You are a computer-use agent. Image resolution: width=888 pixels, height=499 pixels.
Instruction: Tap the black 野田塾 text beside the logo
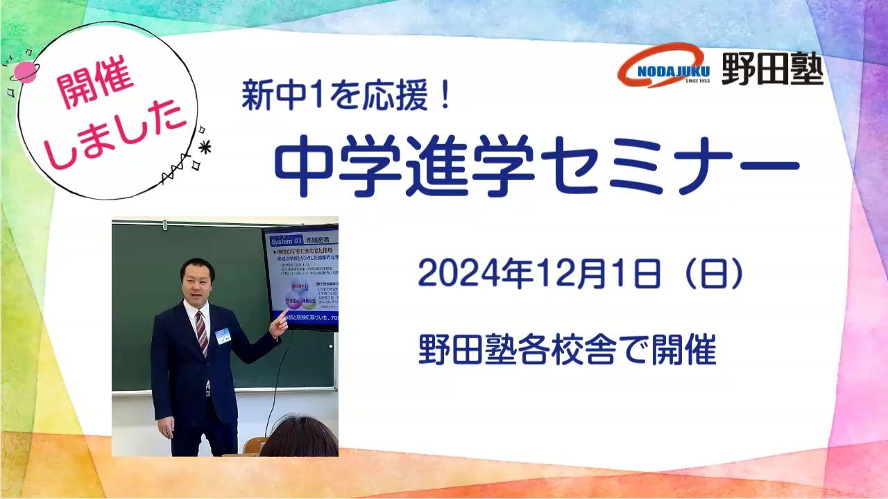tap(772, 69)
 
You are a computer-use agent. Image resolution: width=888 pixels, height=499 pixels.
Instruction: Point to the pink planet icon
tap(25, 71)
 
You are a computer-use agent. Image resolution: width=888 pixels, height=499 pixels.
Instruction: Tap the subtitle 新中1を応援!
tap(347, 95)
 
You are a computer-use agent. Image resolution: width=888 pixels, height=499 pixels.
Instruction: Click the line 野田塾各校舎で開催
tap(567, 351)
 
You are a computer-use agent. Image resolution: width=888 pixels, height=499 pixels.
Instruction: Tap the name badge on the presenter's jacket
tap(222, 335)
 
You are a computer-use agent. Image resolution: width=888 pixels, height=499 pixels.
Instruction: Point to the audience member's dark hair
tap(298, 437)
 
